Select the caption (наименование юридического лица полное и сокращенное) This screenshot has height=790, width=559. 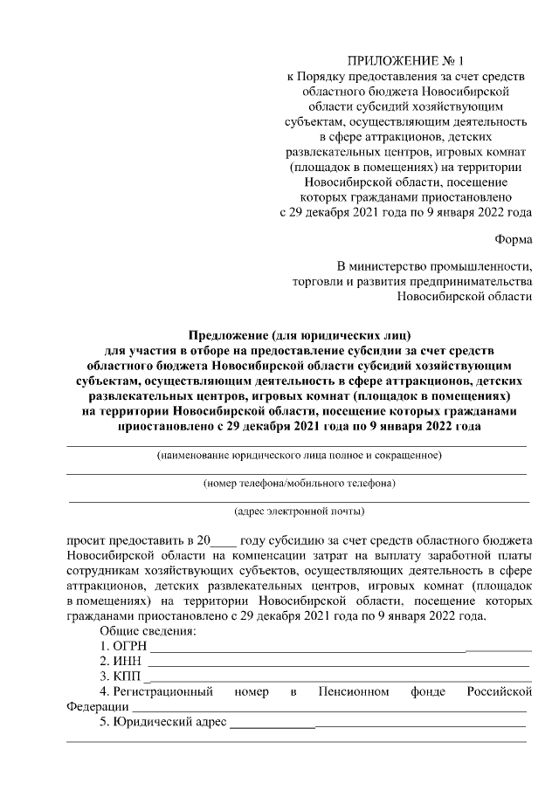299,456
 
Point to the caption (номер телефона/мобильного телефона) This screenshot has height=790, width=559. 299,483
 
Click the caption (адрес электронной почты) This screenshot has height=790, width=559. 299,511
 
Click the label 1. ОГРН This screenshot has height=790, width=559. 123,647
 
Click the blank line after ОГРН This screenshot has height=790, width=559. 341,649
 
